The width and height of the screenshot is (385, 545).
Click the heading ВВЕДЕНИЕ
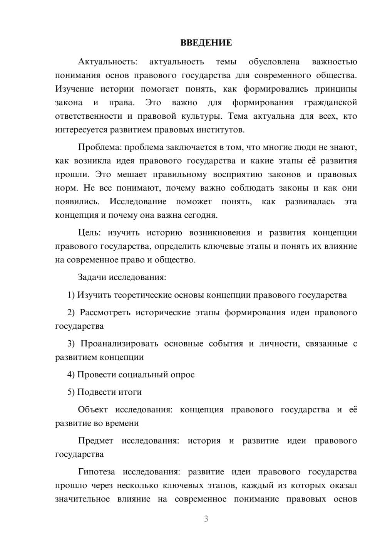[x=206, y=43]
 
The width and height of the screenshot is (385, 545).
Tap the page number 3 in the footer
[x=206, y=519]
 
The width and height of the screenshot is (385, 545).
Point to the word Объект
[x=93, y=409]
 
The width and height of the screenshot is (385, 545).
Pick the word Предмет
[x=95, y=441]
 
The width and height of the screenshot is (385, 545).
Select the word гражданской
[x=330, y=103]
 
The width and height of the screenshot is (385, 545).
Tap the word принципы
[x=336, y=89]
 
